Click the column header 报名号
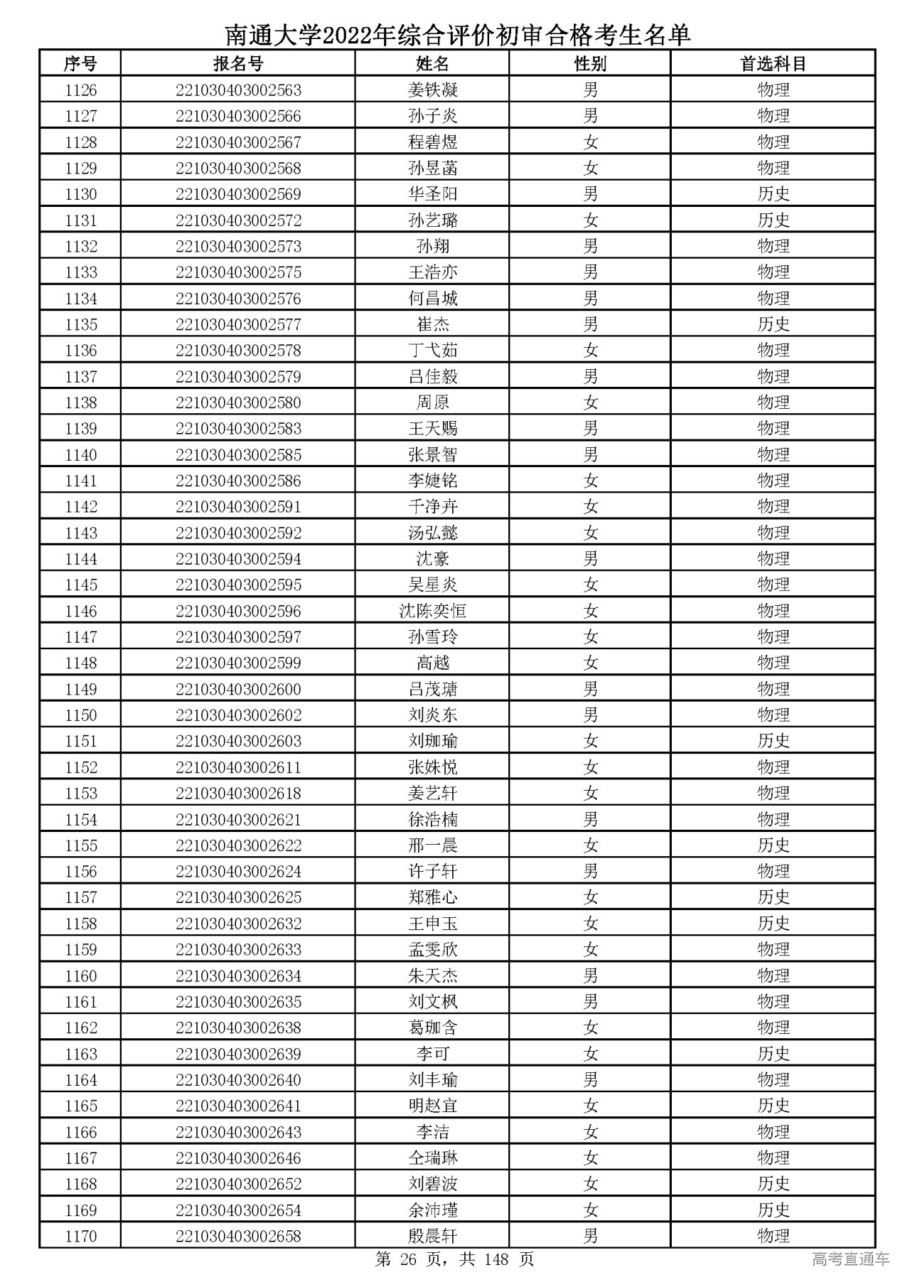[238, 64]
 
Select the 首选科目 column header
[773, 64]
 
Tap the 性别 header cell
[590, 64]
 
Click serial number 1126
[80, 90]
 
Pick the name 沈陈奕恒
[432, 611]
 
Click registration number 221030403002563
[238, 90]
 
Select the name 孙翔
[432, 247]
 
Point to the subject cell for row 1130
[773, 194]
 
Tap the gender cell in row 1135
[590, 324]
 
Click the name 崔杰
[432, 324]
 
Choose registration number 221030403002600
[238, 689]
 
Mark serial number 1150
[80, 715]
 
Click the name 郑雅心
[432, 897]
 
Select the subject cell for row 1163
[773, 1054]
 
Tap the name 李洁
[432, 1132]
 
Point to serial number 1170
[80, 1236]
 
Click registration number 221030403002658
[238, 1236]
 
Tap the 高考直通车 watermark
[850, 1260]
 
